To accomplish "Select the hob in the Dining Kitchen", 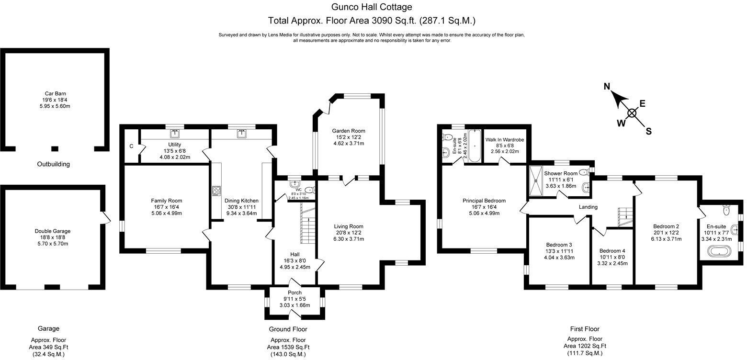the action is click(216, 191).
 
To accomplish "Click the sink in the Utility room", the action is click(175, 134).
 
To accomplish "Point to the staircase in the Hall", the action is click(308, 224).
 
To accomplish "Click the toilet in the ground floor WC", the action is click(310, 190).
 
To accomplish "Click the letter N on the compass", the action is click(607, 87).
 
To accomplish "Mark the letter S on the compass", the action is click(649, 131).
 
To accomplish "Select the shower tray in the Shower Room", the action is click(536, 180).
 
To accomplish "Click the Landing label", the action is click(588, 207).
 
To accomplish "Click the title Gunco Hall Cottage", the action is click(372, 7).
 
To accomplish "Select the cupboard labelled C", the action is click(131, 146).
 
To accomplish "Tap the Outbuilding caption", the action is click(53, 164).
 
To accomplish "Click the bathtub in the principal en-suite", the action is click(474, 146).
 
